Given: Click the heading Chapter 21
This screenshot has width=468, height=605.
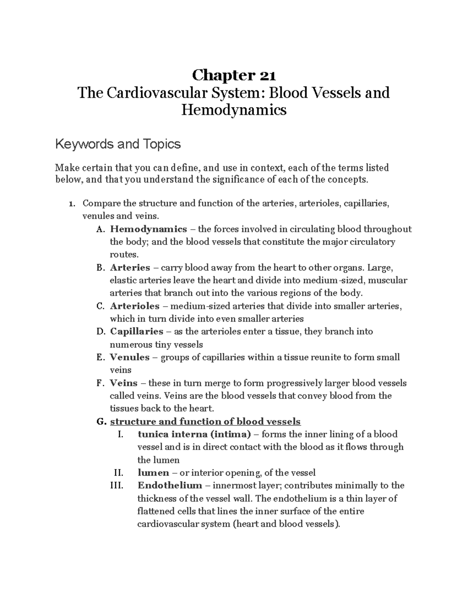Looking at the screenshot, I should [234, 75].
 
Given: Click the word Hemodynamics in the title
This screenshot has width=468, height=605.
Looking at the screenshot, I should [234, 110].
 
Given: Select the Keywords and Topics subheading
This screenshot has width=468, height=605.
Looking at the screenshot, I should [118, 144].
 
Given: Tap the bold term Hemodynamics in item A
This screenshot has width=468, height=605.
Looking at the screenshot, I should [149, 229].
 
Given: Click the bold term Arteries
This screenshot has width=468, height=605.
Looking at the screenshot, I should [130, 268].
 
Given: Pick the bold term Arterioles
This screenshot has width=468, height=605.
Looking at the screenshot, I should [135, 306].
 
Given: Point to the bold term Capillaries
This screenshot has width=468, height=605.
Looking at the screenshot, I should [136, 332].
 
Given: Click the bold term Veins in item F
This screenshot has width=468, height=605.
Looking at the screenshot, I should [124, 383].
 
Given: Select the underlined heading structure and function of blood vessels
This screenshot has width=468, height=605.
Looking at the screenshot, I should [205, 422].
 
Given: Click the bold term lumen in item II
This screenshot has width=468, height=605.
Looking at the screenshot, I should [153, 473].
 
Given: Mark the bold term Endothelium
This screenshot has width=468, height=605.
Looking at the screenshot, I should [170, 485].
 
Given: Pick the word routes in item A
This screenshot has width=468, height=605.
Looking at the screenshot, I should [124, 255].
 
